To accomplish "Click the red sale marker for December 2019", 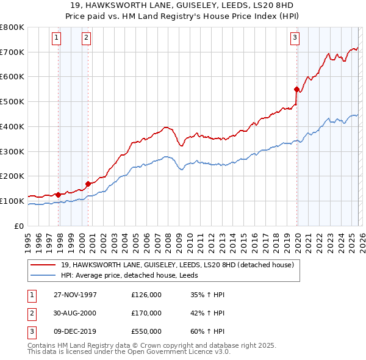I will [296, 89].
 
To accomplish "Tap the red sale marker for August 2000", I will [88, 183].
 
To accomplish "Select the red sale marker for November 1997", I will [59, 195].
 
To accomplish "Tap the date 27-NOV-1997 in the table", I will [75, 295].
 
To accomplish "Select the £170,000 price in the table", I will [146, 313].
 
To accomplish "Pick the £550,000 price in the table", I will [146, 331].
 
